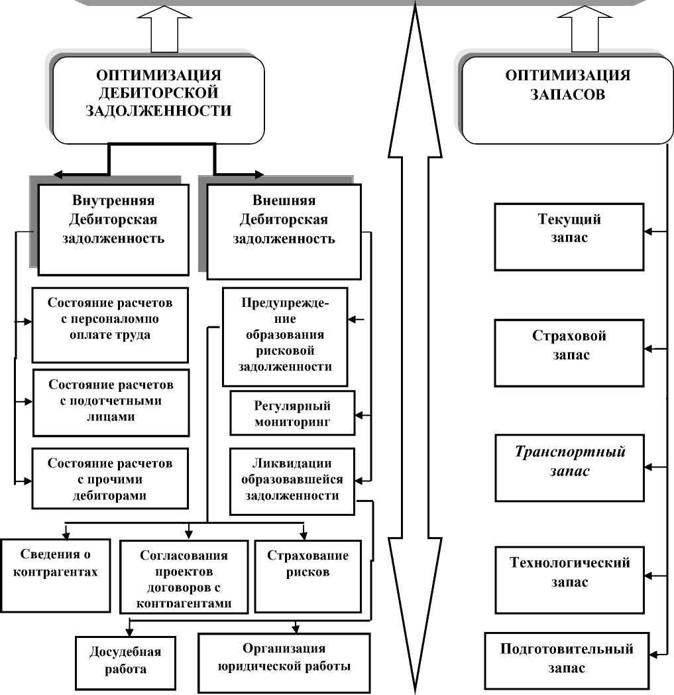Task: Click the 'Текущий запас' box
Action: (569, 236)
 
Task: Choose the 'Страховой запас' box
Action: (569, 353)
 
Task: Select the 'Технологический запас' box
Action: (569, 579)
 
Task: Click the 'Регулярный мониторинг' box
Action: (292, 412)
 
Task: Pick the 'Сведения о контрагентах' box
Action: (54, 574)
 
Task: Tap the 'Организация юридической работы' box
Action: (284, 661)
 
